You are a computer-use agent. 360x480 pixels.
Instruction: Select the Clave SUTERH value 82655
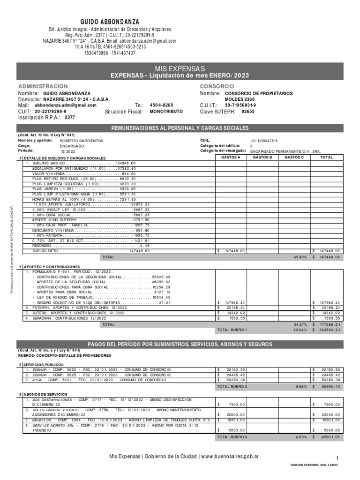(247, 112)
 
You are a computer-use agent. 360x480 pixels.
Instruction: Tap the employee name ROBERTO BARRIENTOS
(82, 141)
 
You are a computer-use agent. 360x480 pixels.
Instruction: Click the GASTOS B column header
(262, 158)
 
